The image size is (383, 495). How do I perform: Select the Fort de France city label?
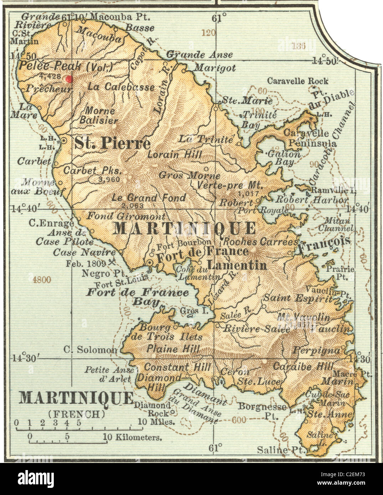tap(202, 251)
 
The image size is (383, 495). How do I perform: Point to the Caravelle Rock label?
tap(297, 81)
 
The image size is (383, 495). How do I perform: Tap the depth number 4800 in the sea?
tap(42, 280)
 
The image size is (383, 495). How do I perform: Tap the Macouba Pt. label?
tap(120, 16)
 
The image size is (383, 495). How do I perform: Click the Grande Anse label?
tap(200, 54)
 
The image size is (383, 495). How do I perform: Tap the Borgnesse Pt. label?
tap(262, 410)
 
